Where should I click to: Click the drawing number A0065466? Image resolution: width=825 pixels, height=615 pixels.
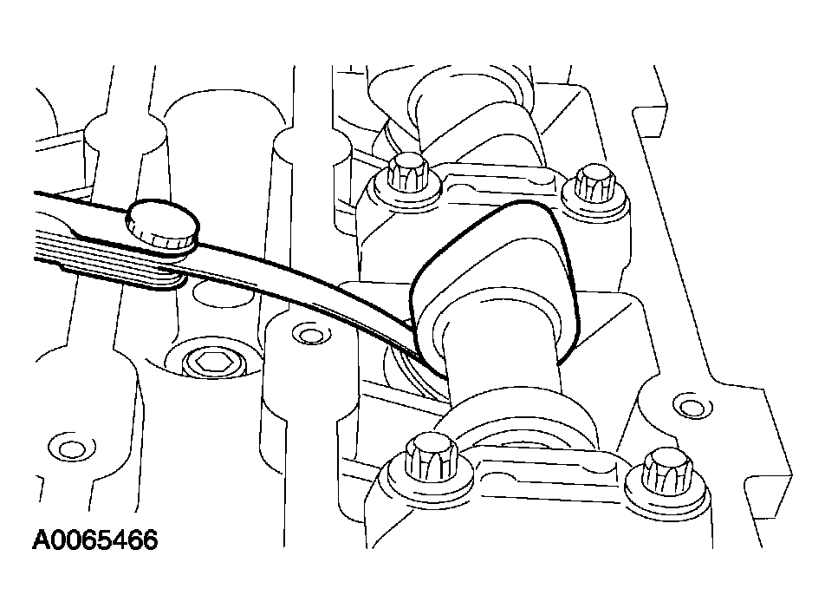pyautogui.click(x=94, y=540)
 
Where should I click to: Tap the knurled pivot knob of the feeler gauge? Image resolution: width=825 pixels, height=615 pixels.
pyautogui.click(x=162, y=223)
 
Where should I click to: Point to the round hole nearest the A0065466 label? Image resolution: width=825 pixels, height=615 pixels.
pyautogui.click(x=69, y=449)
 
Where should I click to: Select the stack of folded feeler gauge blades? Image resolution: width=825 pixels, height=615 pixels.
pyautogui.click(x=105, y=264)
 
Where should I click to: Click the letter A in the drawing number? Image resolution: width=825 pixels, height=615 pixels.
pyautogui.click(x=42, y=540)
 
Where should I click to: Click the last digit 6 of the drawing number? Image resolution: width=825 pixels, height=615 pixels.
pyautogui.click(x=149, y=540)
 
